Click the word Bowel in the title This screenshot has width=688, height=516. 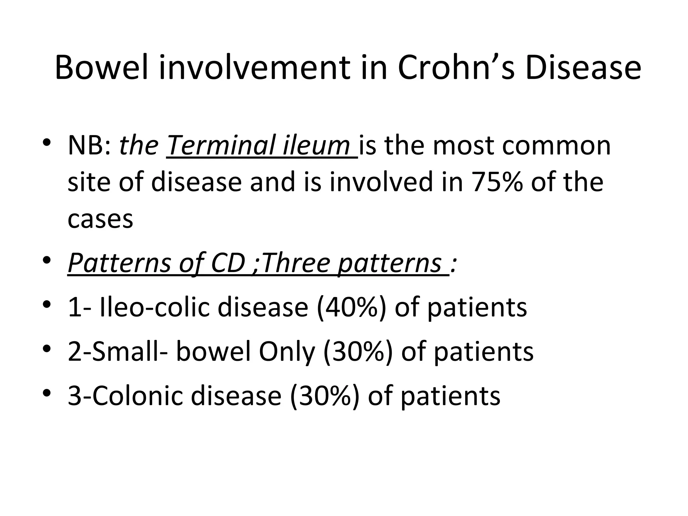101,68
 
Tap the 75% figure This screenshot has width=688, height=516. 498,182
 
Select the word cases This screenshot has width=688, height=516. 100,219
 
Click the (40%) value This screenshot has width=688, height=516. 352,307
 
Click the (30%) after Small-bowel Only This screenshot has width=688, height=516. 358,351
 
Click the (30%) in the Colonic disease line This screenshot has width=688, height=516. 325,395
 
